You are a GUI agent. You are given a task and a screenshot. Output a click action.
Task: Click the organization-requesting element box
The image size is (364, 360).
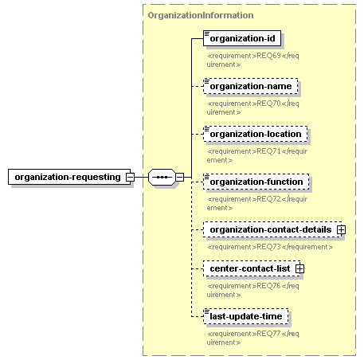[69, 177]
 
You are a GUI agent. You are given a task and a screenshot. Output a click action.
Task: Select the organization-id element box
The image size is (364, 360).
[242, 38]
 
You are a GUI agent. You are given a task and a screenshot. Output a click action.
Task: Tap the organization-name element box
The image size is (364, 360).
[251, 86]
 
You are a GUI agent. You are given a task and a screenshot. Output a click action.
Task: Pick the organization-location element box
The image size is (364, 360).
[256, 134]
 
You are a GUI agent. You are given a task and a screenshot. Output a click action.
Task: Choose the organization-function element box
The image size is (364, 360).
[256, 182]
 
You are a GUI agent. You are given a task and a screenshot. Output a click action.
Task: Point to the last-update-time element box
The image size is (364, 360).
[246, 316]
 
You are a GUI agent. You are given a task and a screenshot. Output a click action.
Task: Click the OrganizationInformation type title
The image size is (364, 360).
[201, 15]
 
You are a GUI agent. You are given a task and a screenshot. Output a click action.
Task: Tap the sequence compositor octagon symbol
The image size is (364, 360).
[162, 177]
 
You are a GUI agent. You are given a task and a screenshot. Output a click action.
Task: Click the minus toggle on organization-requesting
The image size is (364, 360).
[130, 177]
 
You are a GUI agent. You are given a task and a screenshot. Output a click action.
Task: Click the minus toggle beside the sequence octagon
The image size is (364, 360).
[179, 177]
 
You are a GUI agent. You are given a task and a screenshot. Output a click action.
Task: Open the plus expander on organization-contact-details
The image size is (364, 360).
[341, 229]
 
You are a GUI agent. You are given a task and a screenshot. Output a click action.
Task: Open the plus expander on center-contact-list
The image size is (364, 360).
[299, 268]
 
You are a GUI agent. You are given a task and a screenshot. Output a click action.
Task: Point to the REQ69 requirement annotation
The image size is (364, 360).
[252, 60]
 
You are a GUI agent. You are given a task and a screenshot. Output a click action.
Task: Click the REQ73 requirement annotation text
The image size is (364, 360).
[270, 247]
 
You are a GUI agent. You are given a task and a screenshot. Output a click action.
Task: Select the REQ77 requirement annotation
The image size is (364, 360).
[252, 338]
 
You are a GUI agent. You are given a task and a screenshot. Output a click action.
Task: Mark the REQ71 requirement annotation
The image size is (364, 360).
[257, 155]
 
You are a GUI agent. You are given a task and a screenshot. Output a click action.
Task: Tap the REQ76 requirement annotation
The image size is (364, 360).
[252, 290]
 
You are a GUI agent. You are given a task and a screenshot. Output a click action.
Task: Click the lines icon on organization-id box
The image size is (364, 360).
[207, 33]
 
